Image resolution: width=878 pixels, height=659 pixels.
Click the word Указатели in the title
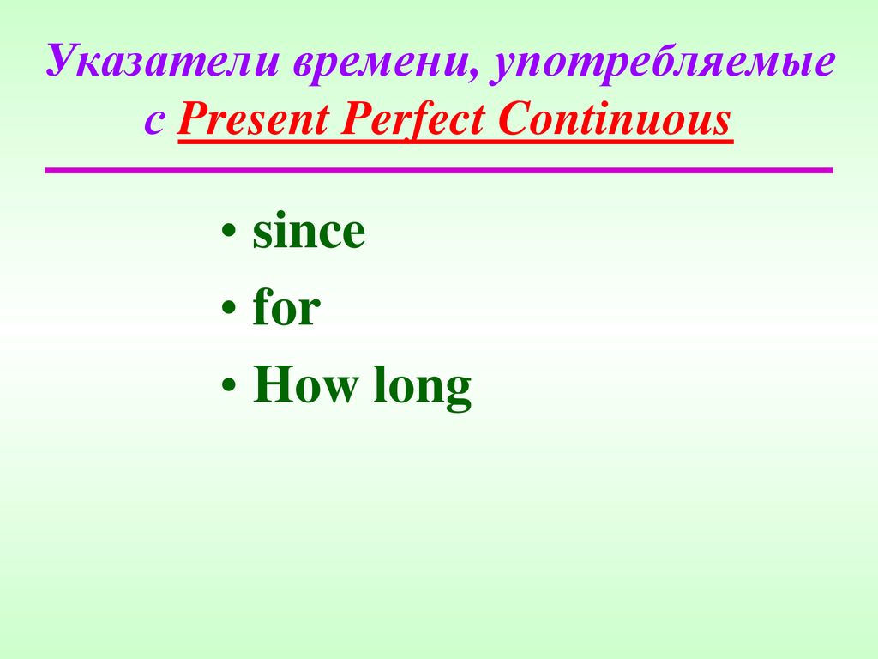coord(162,61)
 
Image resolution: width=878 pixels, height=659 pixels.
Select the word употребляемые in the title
coord(663,63)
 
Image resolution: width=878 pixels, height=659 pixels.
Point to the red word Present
coord(253,118)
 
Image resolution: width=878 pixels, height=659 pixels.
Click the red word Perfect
coord(412,118)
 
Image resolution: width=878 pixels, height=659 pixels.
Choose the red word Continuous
coord(614,118)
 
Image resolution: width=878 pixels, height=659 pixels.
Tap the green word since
coord(309,231)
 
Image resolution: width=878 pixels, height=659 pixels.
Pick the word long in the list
coord(422,387)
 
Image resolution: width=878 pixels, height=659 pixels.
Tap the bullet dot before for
coord(228,308)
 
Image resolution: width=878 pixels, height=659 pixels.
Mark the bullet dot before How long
coord(228,385)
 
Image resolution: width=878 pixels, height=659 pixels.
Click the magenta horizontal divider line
coord(439,170)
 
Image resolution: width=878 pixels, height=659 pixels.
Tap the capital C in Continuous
coord(515,118)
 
